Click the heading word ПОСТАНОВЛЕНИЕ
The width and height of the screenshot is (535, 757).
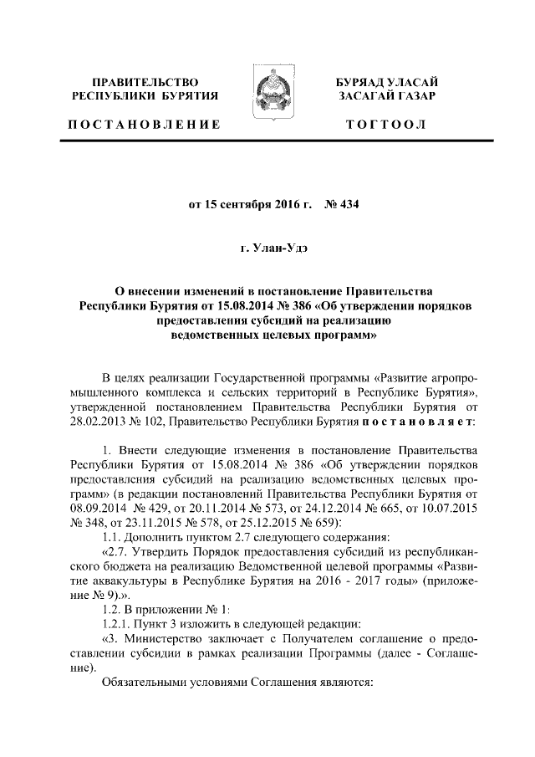144,125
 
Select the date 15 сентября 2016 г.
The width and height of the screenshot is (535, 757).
243,202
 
